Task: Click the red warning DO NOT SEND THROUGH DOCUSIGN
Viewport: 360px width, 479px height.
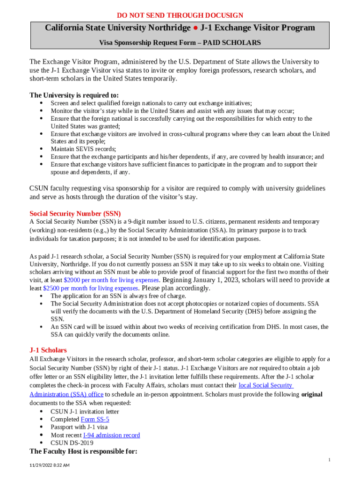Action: (180, 15)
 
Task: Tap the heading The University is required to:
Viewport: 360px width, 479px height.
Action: (74, 95)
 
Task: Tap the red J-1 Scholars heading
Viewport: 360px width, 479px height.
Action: (48, 350)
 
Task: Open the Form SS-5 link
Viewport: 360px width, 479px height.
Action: (95, 420)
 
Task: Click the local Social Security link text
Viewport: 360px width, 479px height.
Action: (266, 385)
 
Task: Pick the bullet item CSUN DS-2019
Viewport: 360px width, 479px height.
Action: (72, 443)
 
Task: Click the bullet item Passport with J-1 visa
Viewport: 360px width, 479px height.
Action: (79, 427)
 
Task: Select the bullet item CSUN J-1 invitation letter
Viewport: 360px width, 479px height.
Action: (85, 412)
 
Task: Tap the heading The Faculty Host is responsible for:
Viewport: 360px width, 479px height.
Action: (83, 451)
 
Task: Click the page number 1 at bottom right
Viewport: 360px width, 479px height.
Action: (329, 460)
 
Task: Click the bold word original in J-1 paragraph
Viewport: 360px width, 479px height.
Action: (311, 394)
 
